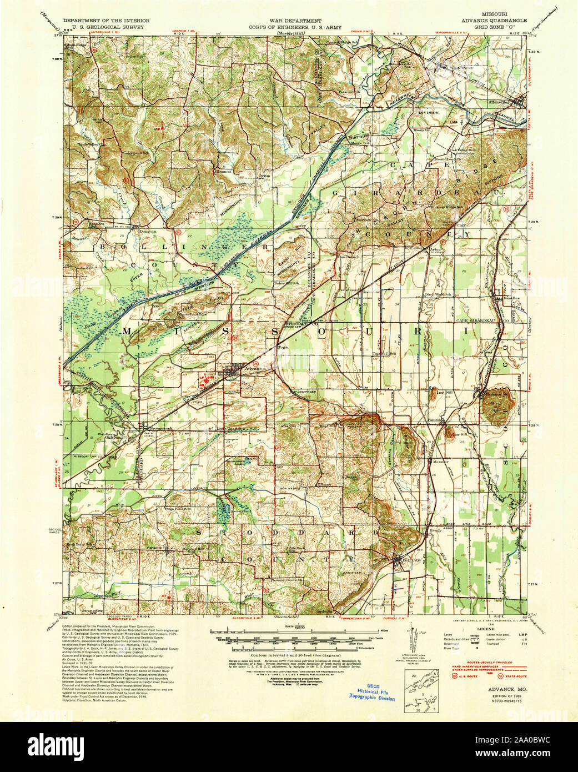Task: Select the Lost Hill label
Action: [x=445, y=393]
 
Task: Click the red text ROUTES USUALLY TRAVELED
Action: [x=481, y=663]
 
